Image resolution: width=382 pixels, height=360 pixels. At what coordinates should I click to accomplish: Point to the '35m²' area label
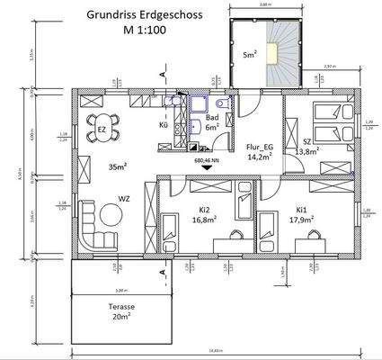(117, 166)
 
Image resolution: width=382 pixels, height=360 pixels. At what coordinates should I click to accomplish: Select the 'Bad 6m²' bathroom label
(212, 123)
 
